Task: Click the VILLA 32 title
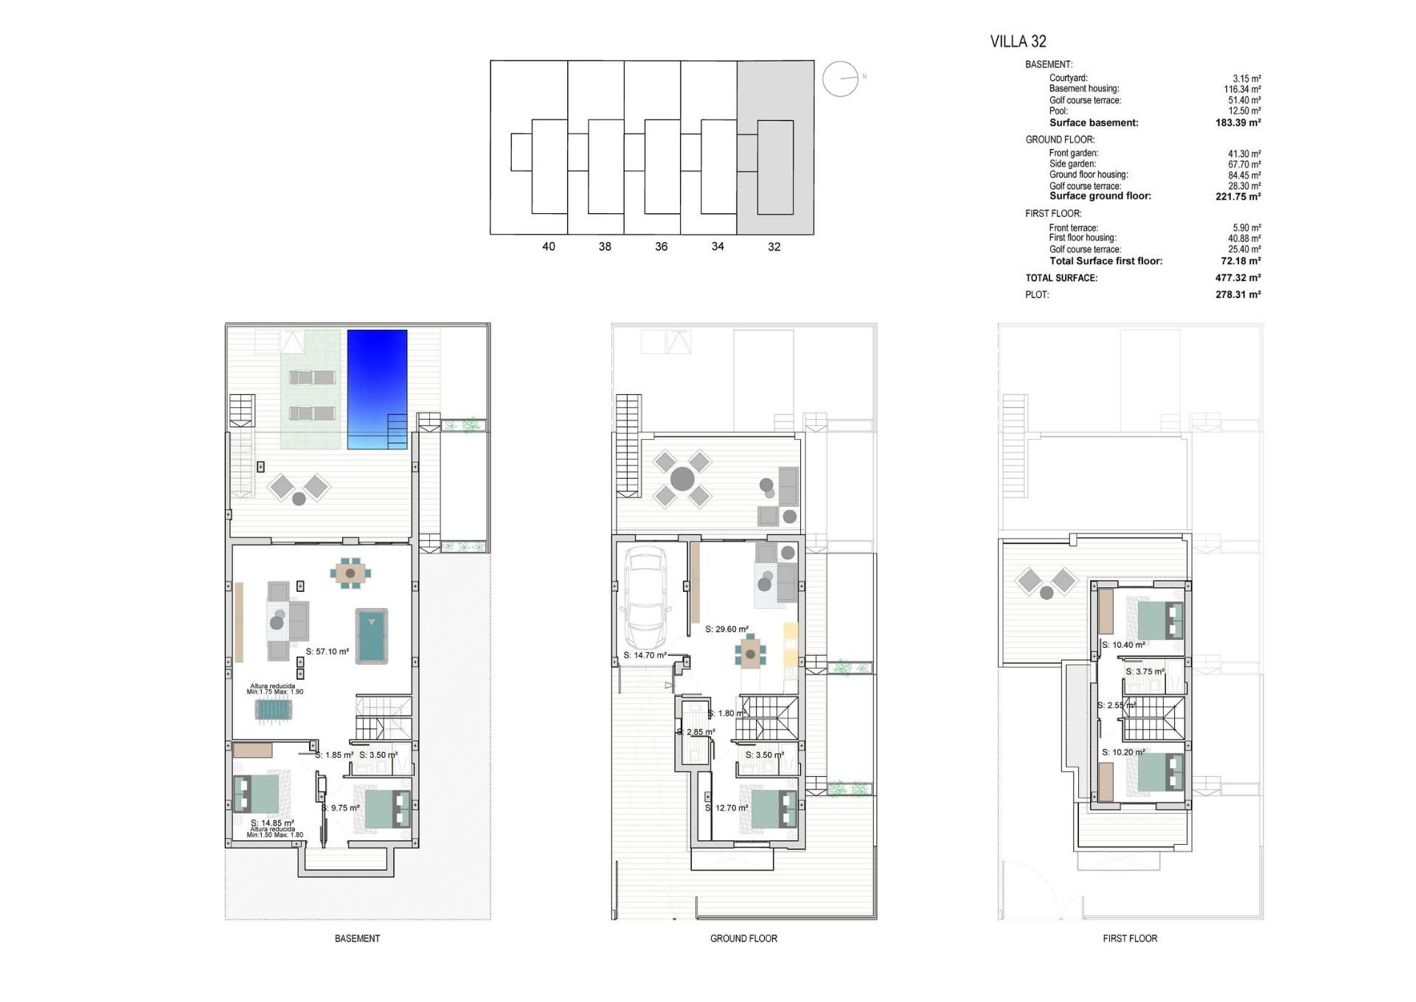(1018, 41)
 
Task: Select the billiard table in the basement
(372, 635)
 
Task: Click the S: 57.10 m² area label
(327, 652)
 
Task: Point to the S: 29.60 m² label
(726, 629)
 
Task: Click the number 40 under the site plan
(548, 246)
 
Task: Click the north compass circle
(840, 78)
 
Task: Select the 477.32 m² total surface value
(1238, 278)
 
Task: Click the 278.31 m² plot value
(1238, 294)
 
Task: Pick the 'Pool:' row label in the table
(1058, 111)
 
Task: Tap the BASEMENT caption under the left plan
(357, 939)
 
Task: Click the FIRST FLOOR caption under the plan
(1130, 939)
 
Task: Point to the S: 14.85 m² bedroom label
(272, 823)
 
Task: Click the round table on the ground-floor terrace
(682, 478)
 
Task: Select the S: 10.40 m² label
(1123, 645)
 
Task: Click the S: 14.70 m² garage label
(645, 655)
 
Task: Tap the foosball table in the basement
(274, 710)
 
